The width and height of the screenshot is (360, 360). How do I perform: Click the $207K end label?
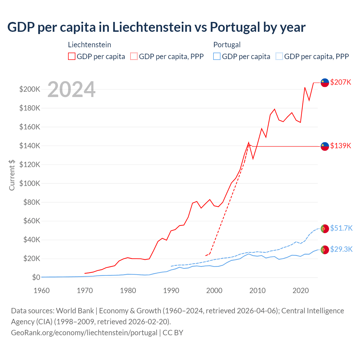(x=341, y=82)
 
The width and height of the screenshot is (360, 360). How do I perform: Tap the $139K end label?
(x=341, y=146)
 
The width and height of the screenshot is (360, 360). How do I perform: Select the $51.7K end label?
(x=341, y=228)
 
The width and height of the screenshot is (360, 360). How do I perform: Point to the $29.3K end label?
(x=341, y=249)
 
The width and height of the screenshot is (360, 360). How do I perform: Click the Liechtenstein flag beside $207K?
(x=325, y=83)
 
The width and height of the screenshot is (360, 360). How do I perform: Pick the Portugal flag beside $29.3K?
(x=325, y=250)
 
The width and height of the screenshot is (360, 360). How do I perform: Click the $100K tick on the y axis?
(x=30, y=183)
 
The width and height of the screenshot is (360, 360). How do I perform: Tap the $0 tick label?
(x=36, y=277)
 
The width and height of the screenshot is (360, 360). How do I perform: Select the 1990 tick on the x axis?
(x=171, y=291)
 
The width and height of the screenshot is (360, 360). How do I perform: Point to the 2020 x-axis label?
(x=301, y=291)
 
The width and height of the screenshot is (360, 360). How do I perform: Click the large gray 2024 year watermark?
(x=71, y=89)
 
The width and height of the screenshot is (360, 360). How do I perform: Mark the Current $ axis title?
(x=12, y=175)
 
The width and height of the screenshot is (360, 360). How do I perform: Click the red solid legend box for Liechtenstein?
(x=72, y=57)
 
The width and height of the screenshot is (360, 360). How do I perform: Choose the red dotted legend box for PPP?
(x=134, y=57)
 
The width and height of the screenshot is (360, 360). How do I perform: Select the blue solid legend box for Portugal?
(x=217, y=57)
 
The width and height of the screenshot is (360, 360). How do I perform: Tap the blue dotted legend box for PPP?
(x=279, y=57)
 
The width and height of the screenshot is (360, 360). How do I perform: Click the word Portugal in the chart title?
(x=235, y=27)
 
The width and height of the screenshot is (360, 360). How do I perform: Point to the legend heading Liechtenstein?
(x=89, y=45)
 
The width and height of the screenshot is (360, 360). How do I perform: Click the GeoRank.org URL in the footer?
(x=84, y=333)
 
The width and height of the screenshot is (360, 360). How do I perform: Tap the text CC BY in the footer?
(x=173, y=333)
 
